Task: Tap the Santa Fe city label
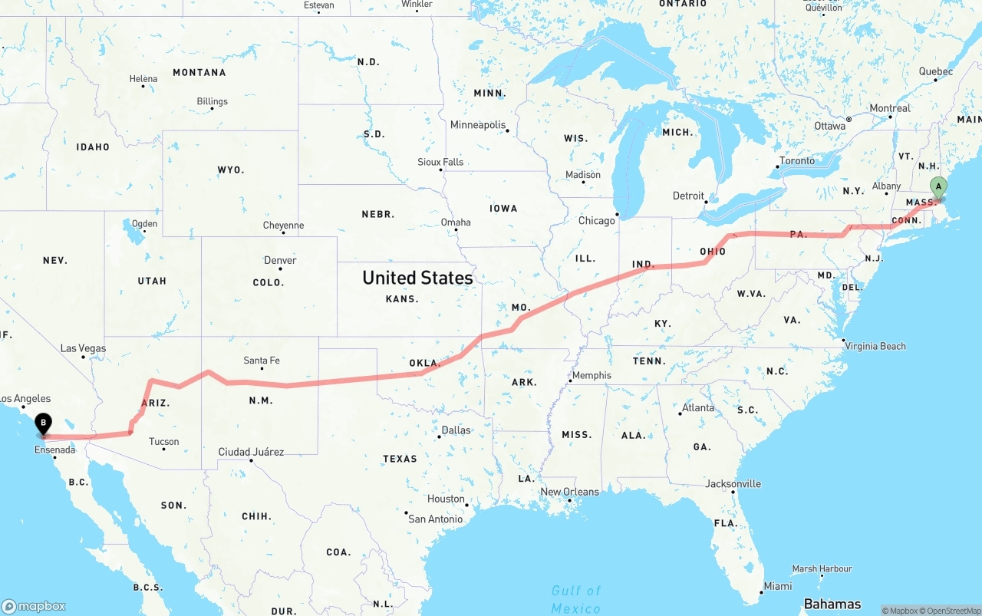pyautogui.click(x=262, y=361)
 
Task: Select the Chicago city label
pyautogui.click(x=597, y=221)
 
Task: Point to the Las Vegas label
pyautogui.click(x=83, y=348)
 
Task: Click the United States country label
pyautogui.click(x=417, y=278)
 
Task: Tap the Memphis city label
pyautogui.click(x=592, y=375)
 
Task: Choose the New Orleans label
pyautogui.click(x=569, y=492)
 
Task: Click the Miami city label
pyautogui.click(x=778, y=586)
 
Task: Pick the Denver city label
pyautogui.click(x=280, y=260)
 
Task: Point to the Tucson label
pyautogui.click(x=163, y=441)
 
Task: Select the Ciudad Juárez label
pyautogui.click(x=251, y=452)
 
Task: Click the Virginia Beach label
pyautogui.click(x=875, y=346)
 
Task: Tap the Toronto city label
pyautogui.click(x=796, y=161)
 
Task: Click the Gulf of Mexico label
pyautogui.click(x=575, y=599)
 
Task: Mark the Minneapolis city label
pyautogui.click(x=478, y=125)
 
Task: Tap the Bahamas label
pyautogui.click(x=832, y=604)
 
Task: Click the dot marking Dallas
pyautogui.click(x=439, y=436)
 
